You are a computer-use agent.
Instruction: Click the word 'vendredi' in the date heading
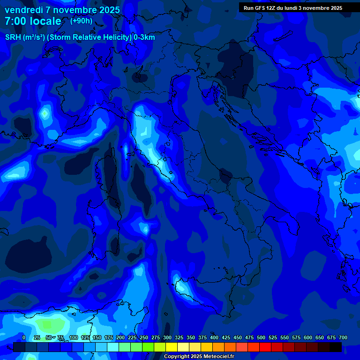point(23,10)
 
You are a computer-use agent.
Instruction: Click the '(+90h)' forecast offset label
point(81,21)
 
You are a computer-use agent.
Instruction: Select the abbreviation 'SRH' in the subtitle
point(13,37)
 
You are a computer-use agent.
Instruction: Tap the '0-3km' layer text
point(144,37)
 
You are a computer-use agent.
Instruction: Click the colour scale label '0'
point(24,337)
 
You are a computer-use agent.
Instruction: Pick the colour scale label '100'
point(74,337)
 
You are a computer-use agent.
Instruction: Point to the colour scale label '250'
point(144,337)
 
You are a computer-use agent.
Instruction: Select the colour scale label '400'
point(214,337)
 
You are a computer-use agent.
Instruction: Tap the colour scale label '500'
point(261,337)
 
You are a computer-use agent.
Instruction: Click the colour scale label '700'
point(343,337)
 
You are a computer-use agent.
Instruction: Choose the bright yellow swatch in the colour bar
point(172,347)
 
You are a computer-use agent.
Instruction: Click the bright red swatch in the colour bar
point(265,347)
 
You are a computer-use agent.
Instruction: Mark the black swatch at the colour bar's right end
point(336,347)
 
